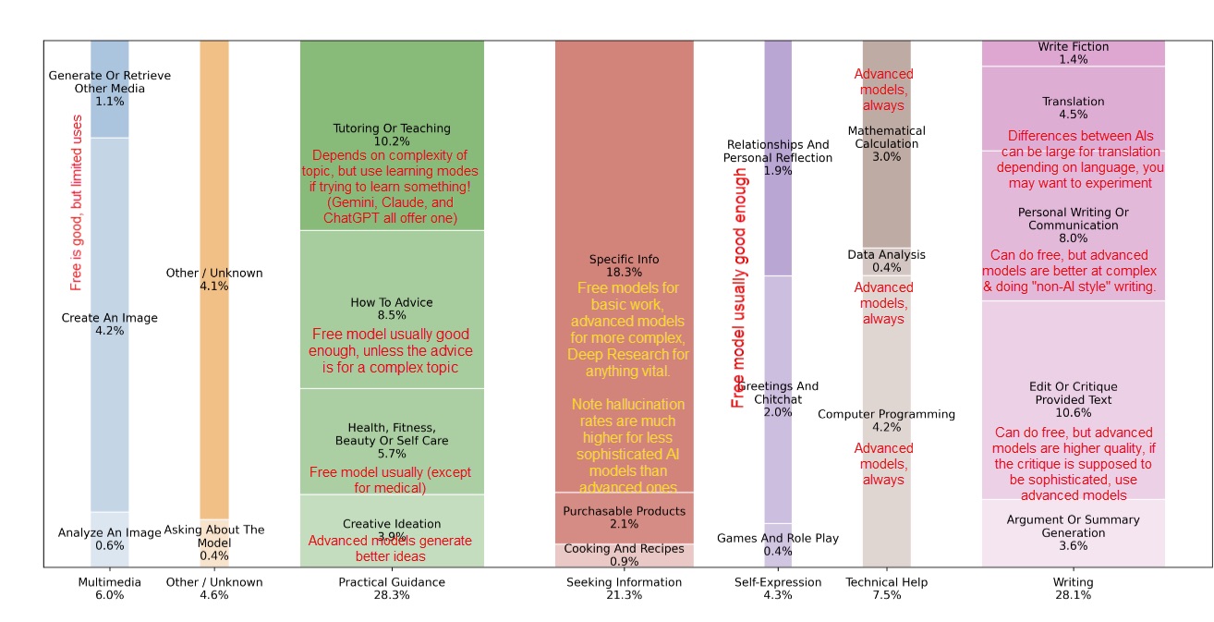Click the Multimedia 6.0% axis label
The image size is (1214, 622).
point(109,589)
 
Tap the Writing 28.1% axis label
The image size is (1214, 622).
point(1073,589)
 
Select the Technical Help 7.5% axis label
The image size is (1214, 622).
point(886,589)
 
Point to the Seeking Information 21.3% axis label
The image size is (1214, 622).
point(624,589)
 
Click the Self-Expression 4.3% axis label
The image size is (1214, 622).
point(777,589)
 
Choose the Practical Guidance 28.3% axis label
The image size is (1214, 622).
point(392,589)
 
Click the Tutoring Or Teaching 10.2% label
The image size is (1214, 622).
point(392,135)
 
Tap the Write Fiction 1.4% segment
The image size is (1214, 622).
point(1073,53)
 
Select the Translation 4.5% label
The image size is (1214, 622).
point(1073,108)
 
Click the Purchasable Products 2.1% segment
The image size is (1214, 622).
point(624,518)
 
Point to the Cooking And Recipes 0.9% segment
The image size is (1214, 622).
point(624,555)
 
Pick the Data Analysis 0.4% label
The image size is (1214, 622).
point(886,262)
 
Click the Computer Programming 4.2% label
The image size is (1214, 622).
point(886,421)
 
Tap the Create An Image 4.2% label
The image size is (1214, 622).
point(109,324)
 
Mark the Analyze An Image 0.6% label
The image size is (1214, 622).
point(109,539)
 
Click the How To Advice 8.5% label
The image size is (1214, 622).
point(392,309)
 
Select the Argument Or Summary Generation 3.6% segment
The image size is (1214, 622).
point(1073,532)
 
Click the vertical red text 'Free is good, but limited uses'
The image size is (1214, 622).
point(77,202)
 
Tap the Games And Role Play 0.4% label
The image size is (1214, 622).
point(777,544)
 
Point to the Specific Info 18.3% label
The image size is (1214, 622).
point(624,266)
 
